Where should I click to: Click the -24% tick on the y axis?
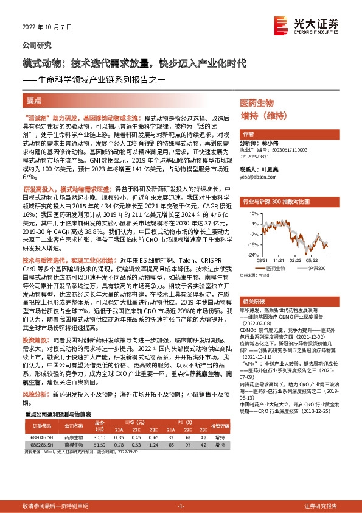tap(251, 253)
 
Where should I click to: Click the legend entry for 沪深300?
tap(317, 267)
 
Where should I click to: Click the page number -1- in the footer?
tap(181, 506)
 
